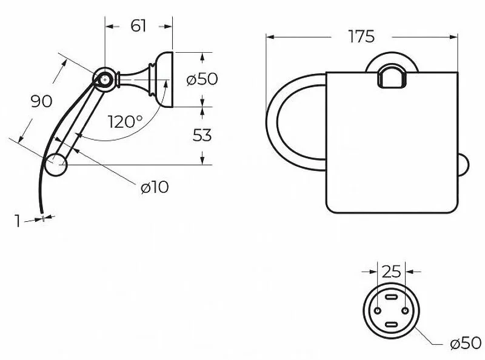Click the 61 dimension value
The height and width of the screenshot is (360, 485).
(138, 25)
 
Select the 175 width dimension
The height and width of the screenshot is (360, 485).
(361, 36)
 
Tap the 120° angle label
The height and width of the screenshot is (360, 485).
(125, 122)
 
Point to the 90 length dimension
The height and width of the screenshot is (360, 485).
(41, 101)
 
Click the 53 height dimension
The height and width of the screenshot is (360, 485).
(202, 135)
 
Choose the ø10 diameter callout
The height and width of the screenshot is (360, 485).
(155, 187)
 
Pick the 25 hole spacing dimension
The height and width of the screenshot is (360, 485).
(391, 272)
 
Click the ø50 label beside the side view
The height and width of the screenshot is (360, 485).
(202, 79)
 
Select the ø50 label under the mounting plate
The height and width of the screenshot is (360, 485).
(466, 343)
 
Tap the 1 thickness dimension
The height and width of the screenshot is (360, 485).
(18, 221)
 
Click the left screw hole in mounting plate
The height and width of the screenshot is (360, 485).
(378, 310)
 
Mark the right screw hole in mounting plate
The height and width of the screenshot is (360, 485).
(406, 310)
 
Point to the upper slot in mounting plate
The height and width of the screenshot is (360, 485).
(391, 296)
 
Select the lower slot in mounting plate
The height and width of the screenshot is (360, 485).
(391, 324)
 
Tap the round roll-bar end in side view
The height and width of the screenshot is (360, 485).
(56, 164)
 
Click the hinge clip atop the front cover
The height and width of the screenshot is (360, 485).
(392, 78)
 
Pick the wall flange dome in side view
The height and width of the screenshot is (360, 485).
(163, 79)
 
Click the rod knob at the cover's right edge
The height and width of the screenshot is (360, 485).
(463, 165)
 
